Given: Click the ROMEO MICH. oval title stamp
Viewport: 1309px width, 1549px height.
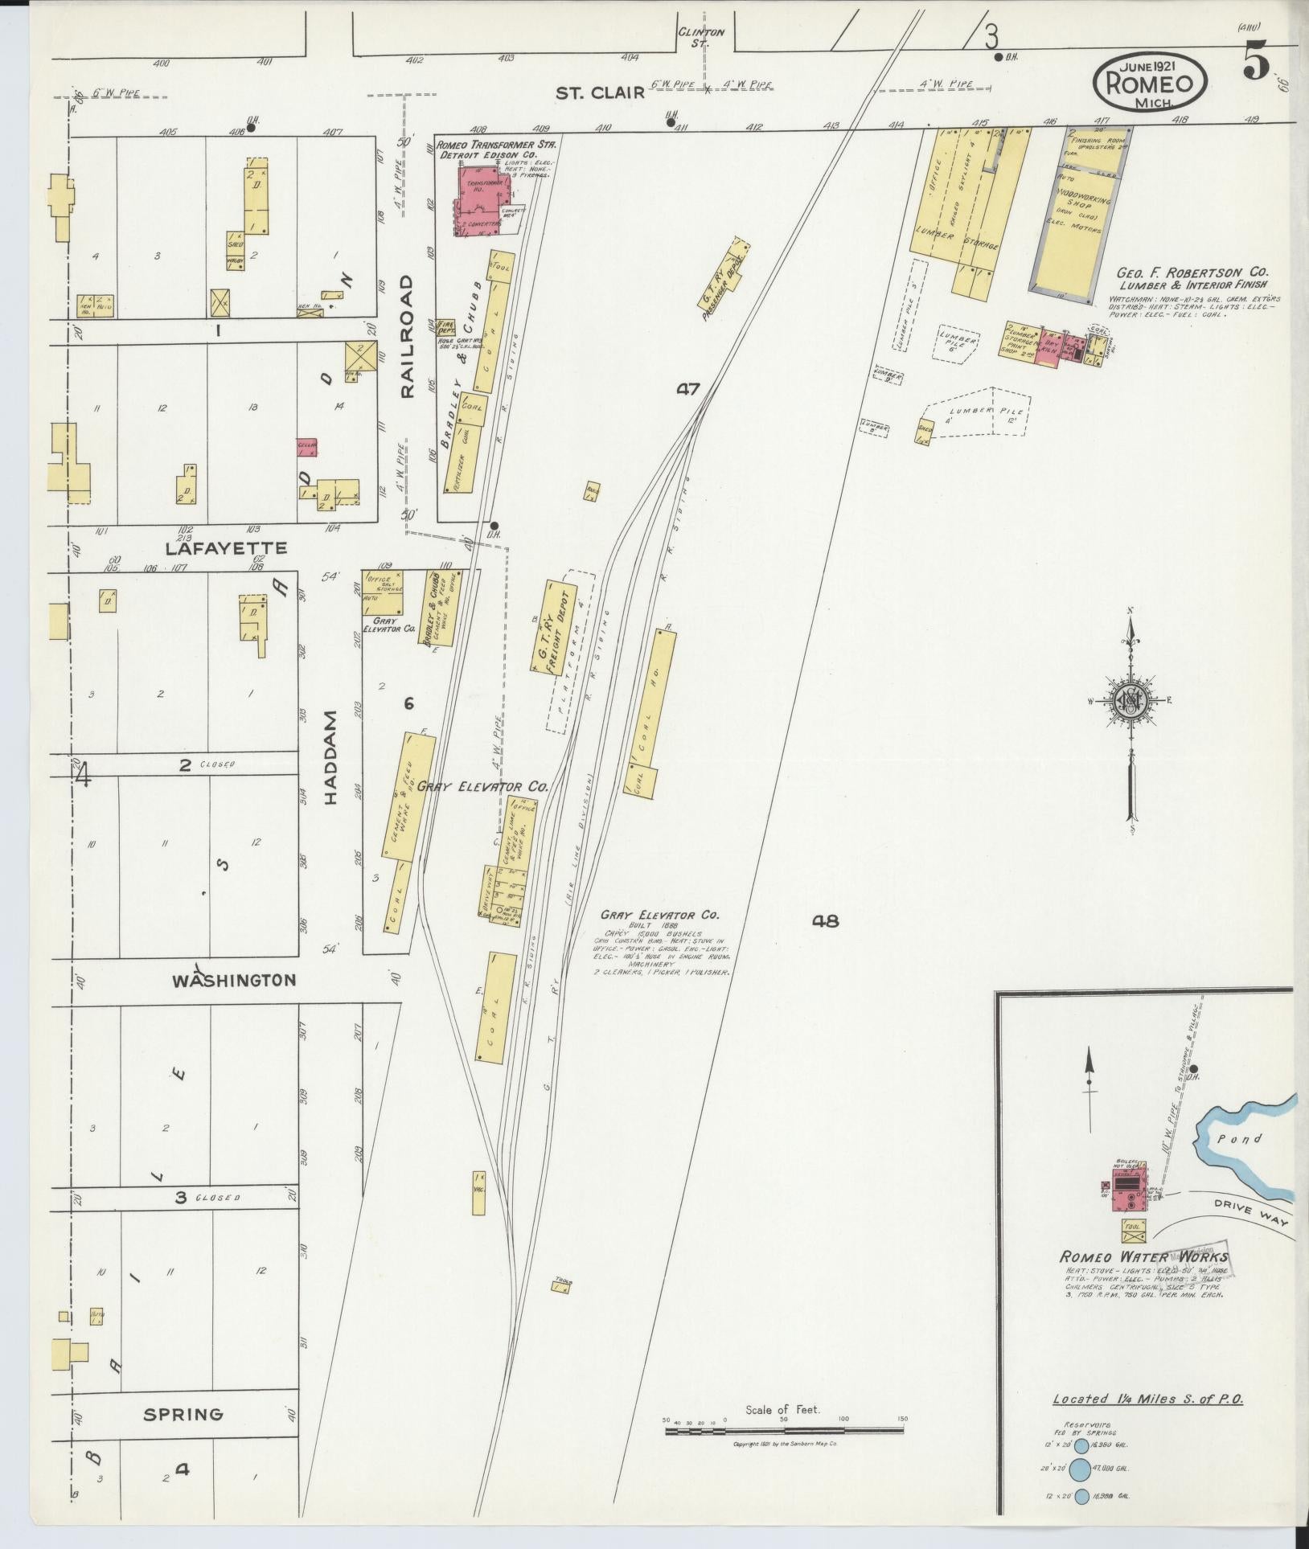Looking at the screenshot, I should (x=1149, y=81).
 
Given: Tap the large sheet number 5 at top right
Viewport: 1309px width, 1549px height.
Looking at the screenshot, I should (x=1254, y=60).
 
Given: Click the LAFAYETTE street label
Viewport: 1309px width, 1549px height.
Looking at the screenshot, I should (x=225, y=548).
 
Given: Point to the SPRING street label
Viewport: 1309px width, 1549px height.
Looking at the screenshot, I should (x=183, y=1413).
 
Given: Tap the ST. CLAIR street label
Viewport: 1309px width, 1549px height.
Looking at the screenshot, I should (x=601, y=93).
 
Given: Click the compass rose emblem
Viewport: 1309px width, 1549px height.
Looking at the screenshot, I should (x=1130, y=701).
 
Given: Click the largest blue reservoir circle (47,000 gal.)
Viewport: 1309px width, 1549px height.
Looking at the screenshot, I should (x=1081, y=1468).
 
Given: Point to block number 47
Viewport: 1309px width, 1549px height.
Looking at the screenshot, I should (x=688, y=389).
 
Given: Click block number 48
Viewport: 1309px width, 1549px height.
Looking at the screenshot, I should (x=825, y=921).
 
